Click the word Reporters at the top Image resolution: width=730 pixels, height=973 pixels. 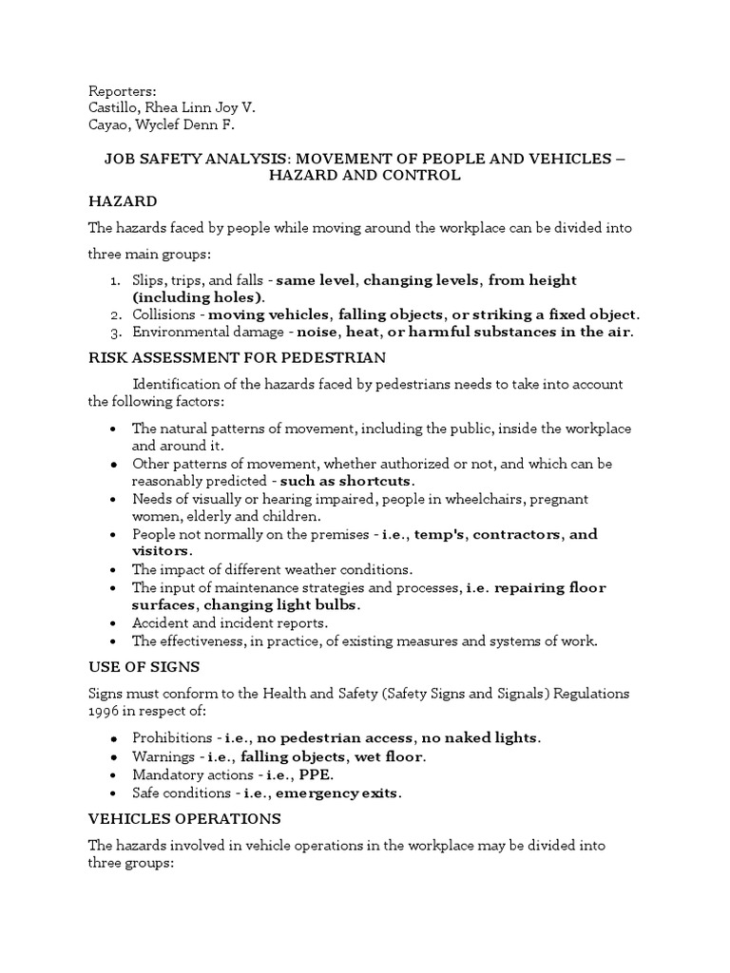click(122, 90)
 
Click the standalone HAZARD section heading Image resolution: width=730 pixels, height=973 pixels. click(123, 202)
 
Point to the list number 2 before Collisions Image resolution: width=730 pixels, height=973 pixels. click(114, 315)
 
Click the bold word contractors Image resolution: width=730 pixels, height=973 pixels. click(515, 534)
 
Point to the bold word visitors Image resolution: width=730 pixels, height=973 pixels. click(161, 551)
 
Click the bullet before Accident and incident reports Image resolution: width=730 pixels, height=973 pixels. click(114, 623)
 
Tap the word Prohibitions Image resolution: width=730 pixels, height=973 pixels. click(171, 738)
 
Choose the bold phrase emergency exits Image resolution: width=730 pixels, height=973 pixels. click(349, 792)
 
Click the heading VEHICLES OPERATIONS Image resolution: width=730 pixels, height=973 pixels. click(186, 818)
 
